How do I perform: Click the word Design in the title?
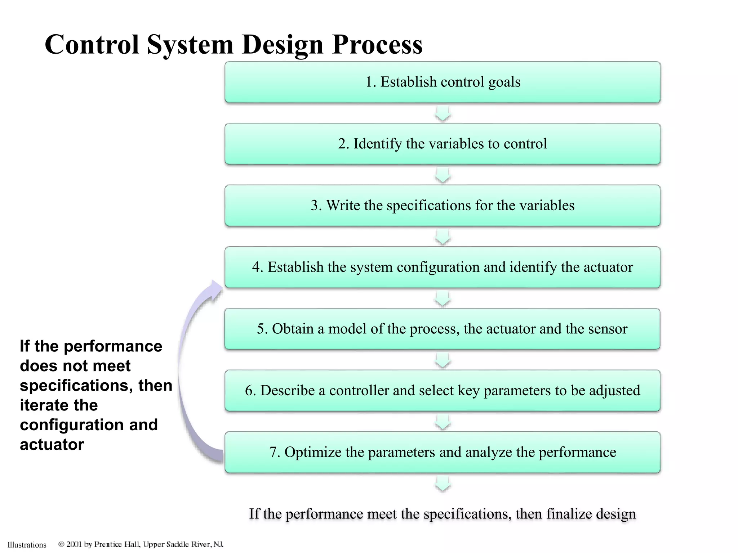pos(282,45)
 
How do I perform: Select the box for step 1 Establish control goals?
pos(443,82)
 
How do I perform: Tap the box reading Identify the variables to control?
pos(443,144)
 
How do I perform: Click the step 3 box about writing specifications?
pos(443,206)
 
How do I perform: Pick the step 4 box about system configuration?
pos(443,267)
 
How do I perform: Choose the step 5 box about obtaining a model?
pos(442,329)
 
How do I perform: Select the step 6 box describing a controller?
pos(443,391)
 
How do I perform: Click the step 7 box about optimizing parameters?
pos(443,452)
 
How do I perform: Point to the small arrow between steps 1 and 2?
pos(443,113)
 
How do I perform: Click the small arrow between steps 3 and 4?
pos(443,237)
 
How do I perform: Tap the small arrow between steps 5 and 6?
pos(443,360)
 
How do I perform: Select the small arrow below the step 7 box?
pos(443,484)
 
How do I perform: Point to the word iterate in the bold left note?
pos(59,405)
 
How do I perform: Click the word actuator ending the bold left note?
pos(52,445)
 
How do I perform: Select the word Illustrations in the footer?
pos(27,545)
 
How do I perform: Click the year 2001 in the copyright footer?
pos(74,544)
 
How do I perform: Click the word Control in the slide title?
pos(92,45)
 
